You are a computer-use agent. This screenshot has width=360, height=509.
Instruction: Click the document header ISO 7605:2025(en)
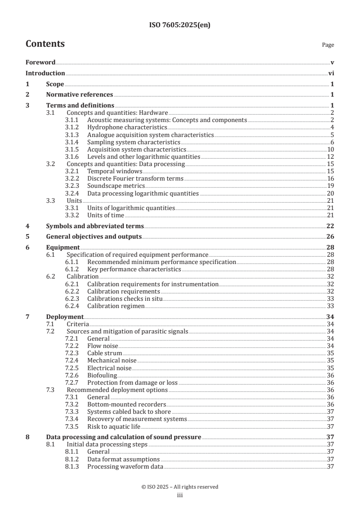[x=180, y=25]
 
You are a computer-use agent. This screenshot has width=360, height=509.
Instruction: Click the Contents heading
[x=45, y=44]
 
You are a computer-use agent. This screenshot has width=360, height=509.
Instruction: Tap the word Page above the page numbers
[x=328, y=45]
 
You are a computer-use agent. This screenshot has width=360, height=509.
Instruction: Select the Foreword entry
[x=40, y=62]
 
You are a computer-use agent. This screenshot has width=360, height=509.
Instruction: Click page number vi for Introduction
[x=331, y=73]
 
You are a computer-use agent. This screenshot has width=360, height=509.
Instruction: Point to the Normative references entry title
[x=79, y=95]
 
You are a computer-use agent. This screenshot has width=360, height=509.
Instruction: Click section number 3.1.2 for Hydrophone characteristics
[x=72, y=127]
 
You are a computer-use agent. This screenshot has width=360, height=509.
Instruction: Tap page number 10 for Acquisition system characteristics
[x=330, y=149]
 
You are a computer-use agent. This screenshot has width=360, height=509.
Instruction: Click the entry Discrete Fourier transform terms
[x=135, y=179]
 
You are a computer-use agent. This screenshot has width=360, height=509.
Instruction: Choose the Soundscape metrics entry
[x=116, y=186]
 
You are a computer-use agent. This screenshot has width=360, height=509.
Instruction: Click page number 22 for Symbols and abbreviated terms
[x=330, y=226]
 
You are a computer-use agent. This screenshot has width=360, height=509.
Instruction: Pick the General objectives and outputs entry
[x=94, y=236]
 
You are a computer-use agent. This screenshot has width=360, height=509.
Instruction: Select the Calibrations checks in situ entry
[x=124, y=299]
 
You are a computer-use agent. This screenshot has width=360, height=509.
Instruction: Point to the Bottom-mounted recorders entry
[x=126, y=404]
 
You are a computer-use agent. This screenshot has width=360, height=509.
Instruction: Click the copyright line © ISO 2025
[x=180, y=487]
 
